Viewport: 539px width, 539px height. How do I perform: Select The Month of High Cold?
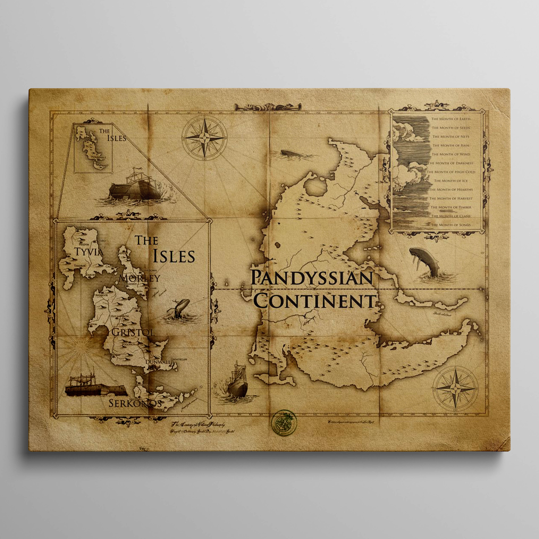point(451,172)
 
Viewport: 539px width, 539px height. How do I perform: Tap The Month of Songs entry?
point(451,225)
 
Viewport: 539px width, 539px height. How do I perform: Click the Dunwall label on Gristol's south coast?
point(158,362)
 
